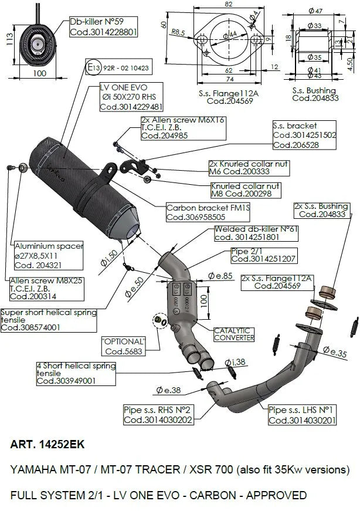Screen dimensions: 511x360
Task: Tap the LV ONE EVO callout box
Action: click(131, 97)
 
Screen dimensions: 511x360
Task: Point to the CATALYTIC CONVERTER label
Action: click(234, 334)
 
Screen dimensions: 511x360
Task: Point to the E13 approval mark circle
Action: click(91, 68)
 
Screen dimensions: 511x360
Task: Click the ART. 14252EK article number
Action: click(47, 445)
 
